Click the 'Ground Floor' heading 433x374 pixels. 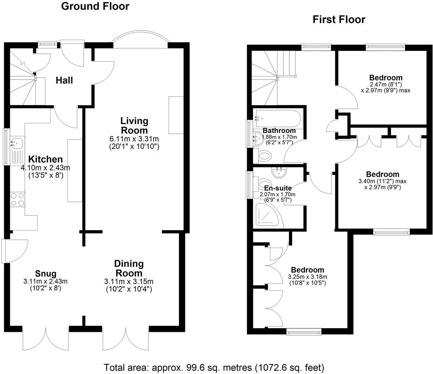click(95, 6)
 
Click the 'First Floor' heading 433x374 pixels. click(339, 19)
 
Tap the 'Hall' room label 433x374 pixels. click(64, 80)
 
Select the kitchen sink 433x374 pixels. click(16, 144)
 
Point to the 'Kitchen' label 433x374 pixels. click(45, 159)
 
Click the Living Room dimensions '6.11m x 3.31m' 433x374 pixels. click(134, 139)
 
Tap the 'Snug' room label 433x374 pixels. click(46, 273)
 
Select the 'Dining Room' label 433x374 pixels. click(129, 268)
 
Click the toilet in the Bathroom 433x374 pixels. click(264, 155)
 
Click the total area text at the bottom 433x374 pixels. click(214, 367)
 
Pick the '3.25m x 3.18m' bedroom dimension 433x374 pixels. click(307, 277)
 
